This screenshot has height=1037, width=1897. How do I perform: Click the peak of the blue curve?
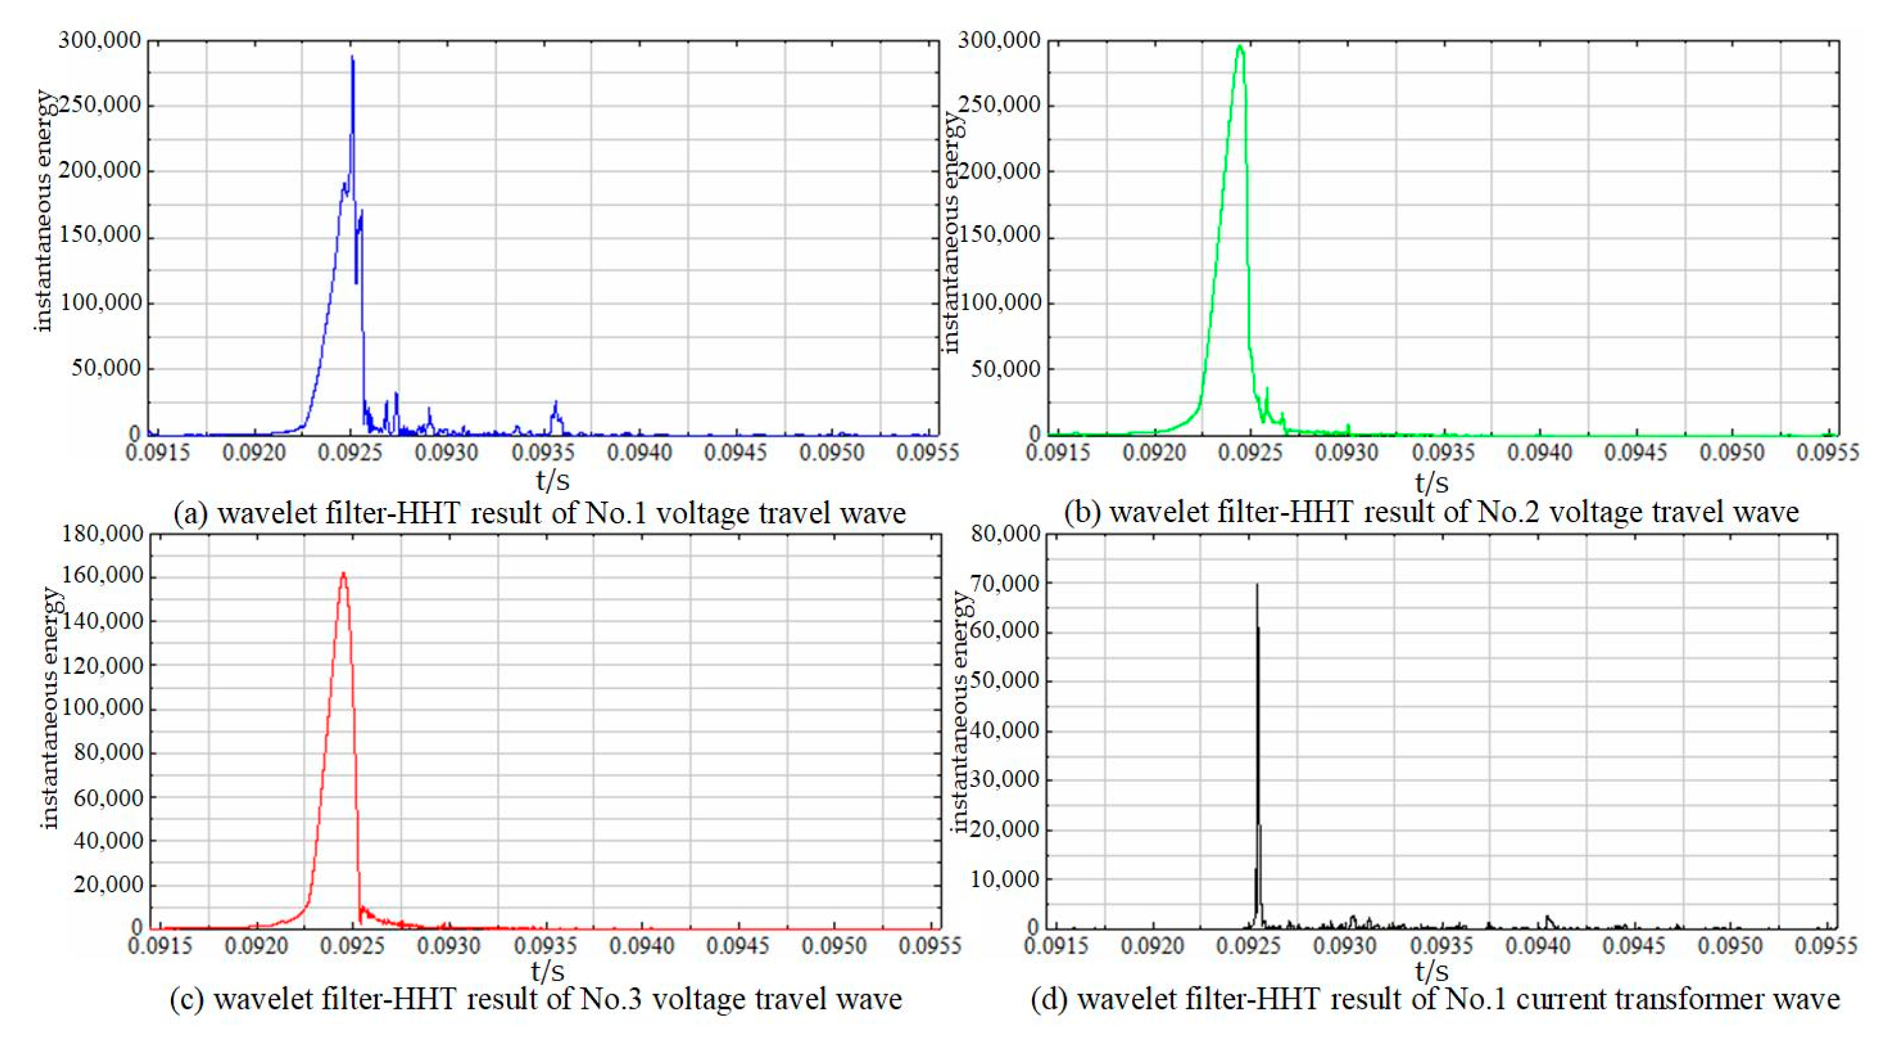click(x=352, y=57)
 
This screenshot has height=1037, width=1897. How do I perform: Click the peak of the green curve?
click(x=1240, y=47)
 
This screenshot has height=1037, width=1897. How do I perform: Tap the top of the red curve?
click(x=343, y=574)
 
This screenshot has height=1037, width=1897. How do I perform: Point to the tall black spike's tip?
click(x=1257, y=585)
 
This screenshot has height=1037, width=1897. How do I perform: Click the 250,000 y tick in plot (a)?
click(x=100, y=105)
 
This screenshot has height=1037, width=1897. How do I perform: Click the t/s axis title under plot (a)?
click(x=552, y=479)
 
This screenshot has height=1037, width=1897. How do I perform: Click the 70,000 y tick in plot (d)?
click(x=1005, y=583)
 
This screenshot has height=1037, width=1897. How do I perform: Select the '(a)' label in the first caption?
click(x=191, y=512)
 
